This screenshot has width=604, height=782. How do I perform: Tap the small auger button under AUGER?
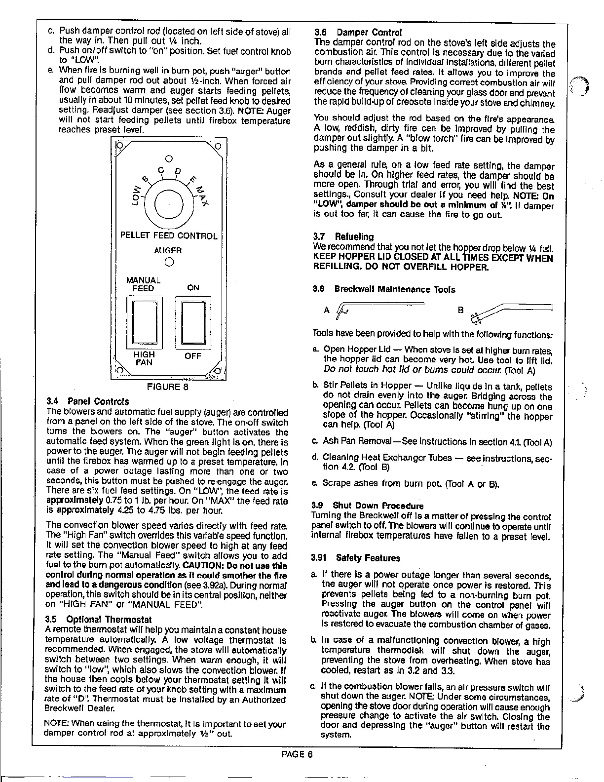pyautogui.click(x=168, y=262)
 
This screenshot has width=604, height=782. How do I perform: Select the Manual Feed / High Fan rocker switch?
pyautogui.click(x=144, y=321)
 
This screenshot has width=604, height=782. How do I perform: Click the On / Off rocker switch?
pyautogui.click(x=193, y=321)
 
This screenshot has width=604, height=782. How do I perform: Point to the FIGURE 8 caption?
pyautogui.click(x=168, y=387)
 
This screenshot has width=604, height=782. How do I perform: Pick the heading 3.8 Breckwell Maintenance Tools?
pyautogui.click(x=384, y=289)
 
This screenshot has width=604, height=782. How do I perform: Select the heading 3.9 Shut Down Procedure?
pyautogui.click(x=368, y=506)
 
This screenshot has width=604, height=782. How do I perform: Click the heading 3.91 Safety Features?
pyautogui.click(x=356, y=558)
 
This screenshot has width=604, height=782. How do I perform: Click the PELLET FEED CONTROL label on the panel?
pyautogui.click(x=169, y=236)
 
